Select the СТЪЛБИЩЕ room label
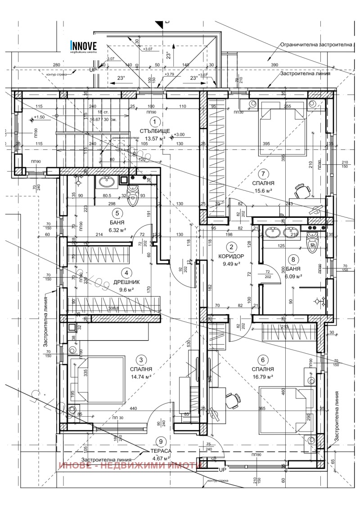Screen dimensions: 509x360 click(x=154, y=131)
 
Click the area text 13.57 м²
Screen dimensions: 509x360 click(x=154, y=138)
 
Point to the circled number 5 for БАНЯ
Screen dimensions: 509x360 click(x=117, y=214)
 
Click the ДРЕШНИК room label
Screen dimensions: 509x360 click(x=126, y=282)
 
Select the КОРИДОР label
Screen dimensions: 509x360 click(x=232, y=256)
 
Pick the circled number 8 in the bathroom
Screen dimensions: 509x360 click(x=293, y=259)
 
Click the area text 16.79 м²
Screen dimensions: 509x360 click(x=264, y=376)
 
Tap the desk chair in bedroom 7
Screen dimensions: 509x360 click(x=302, y=191)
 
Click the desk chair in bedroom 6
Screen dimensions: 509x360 click(x=232, y=400)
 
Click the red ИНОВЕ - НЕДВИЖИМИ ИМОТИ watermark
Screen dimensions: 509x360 click(x=129, y=466)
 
